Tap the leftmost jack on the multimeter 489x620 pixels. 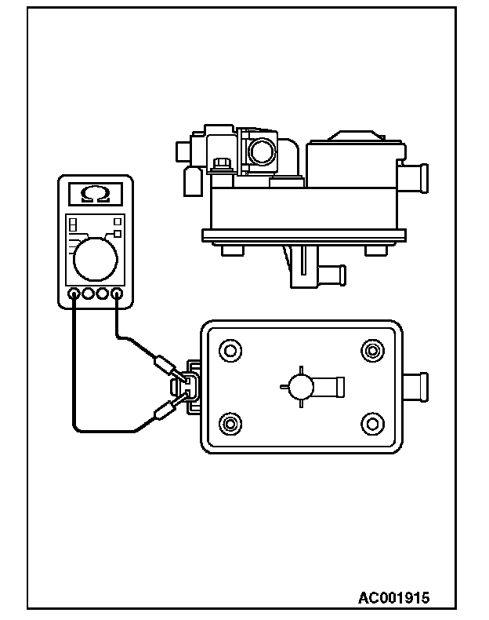click(73, 295)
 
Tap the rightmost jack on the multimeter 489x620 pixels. click(118, 295)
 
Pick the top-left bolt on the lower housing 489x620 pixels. click(230, 348)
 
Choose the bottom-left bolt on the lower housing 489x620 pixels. click(230, 424)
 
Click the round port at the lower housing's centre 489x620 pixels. click(300, 385)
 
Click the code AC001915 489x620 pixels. click(393, 598)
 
